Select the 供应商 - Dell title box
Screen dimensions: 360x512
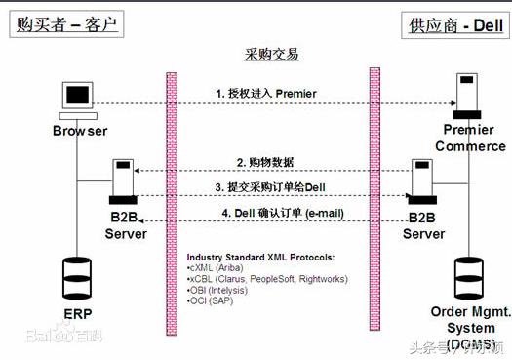point(452,24)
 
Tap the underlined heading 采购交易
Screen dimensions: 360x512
point(271,54)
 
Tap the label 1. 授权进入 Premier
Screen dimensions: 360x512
point(266,93)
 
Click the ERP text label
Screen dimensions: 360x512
point(77,313)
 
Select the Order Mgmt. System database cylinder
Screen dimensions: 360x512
point(471,276)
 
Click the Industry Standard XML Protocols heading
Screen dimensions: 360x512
point(260,257)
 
